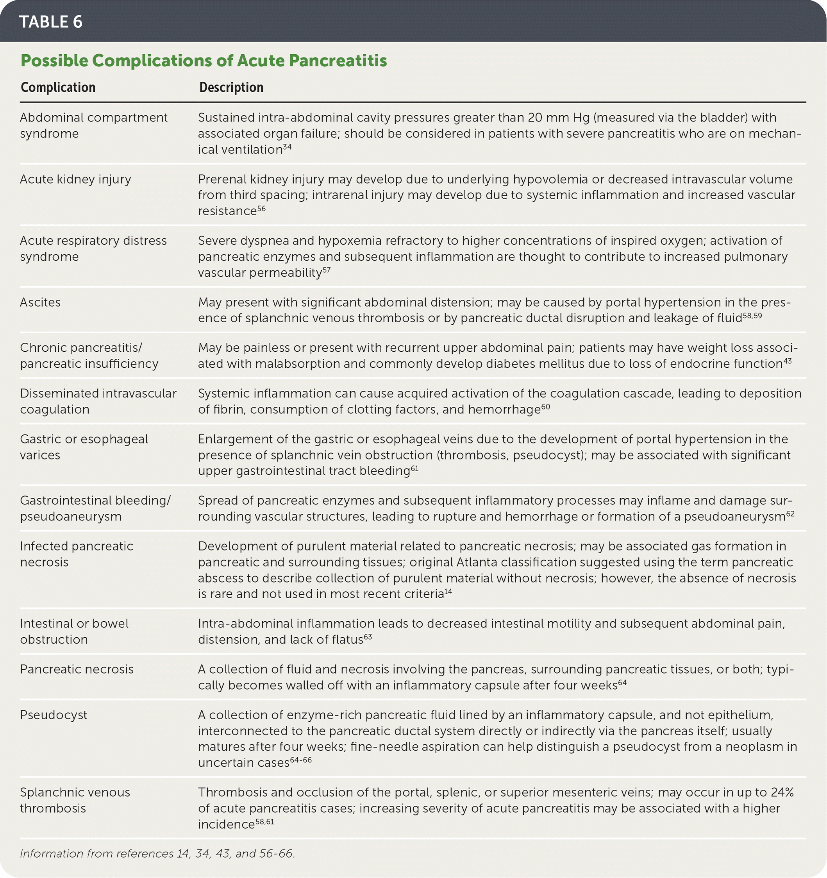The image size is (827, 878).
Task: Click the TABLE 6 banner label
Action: pos(51,21)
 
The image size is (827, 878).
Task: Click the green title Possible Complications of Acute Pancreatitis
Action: pos(204,61)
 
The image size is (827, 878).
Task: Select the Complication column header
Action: pos(58,88)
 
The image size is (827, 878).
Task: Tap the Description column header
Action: pos(231,88)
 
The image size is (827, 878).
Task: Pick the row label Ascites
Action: pos(40,302)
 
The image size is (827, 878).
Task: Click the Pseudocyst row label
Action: pos(54,715)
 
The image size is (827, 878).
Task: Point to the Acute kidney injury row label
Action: pos(75,179)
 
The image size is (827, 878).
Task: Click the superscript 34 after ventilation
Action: pos(287,147)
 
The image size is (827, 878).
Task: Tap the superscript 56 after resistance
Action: pos(261,208)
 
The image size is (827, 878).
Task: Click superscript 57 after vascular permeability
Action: pos(326,270)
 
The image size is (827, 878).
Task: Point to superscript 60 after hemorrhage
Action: pos(545,407)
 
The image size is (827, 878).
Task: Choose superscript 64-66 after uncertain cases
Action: pos(301,760)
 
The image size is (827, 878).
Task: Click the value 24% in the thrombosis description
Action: pos(782,792)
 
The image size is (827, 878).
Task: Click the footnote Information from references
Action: pos(157,853)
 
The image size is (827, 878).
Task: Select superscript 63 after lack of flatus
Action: pos(368,637)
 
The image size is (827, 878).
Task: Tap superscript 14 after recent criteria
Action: pos(448,591)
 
